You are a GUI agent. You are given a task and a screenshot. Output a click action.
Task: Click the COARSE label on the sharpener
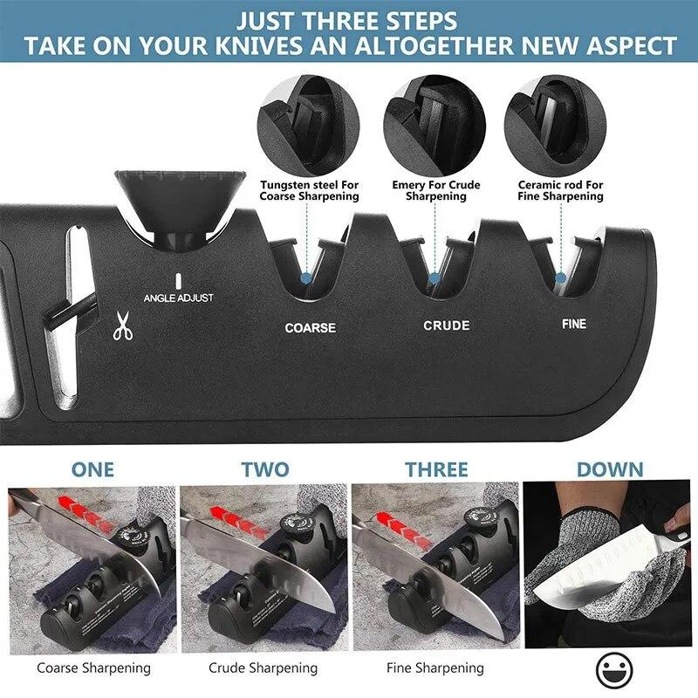point(310,328)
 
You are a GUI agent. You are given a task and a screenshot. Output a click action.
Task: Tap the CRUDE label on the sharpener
point(446,325)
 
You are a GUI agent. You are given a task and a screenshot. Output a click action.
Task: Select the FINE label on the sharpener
point(573,324)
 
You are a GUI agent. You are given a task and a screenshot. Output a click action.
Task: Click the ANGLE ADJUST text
point(178,298)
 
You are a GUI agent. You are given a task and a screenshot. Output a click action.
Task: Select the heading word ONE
point(92,469)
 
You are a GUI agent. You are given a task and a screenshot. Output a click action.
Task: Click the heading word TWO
point(264,469)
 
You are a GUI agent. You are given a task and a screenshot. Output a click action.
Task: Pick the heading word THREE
point(436,469)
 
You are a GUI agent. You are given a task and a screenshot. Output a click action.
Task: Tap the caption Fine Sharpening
point(435,668)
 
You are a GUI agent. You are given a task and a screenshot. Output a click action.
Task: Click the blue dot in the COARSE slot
point(305,277)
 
